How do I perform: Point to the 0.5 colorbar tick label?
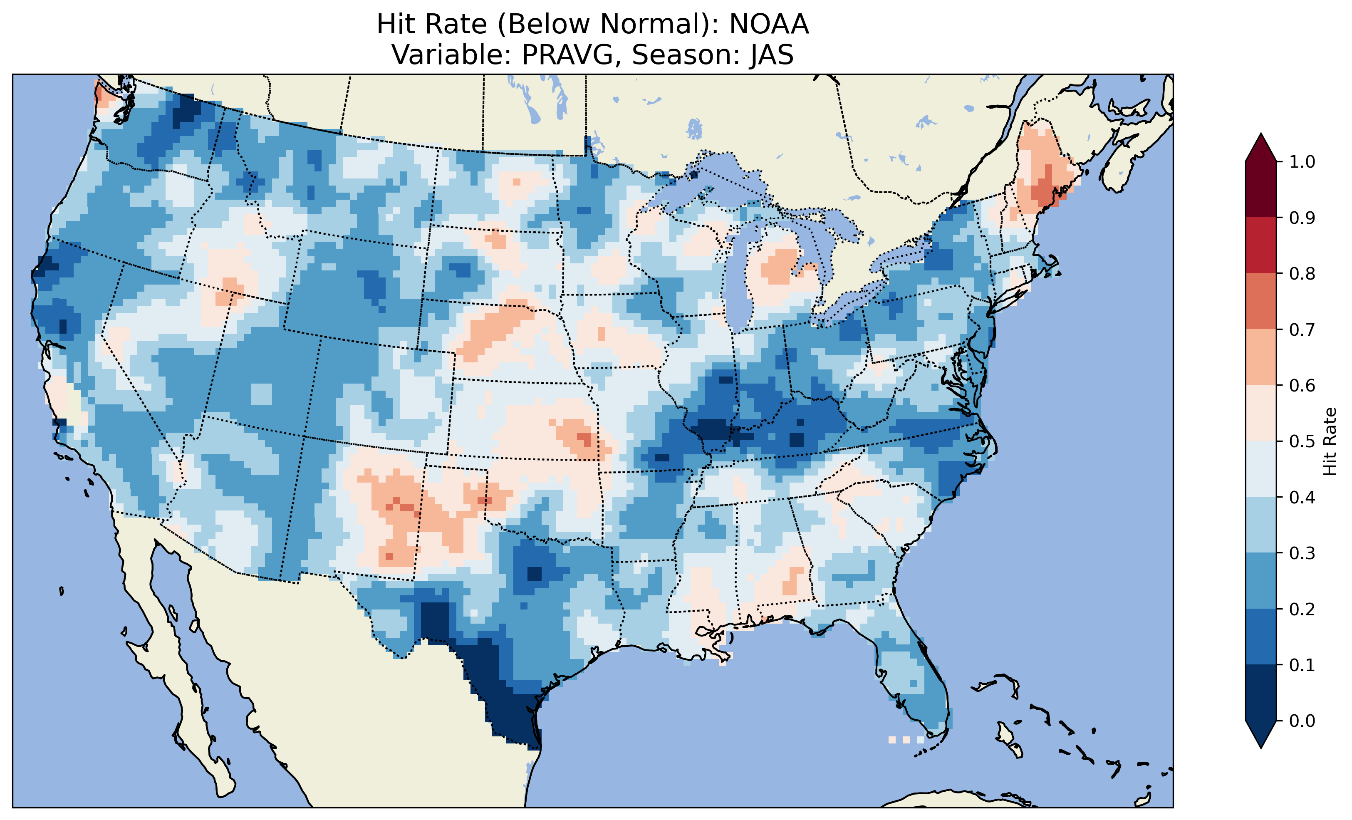[x=1302, y=441]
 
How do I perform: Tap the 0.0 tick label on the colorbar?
[x=1302, y=721]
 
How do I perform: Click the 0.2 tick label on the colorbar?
[x=1302, y=609]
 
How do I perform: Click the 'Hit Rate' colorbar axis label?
[x=1330, y=442]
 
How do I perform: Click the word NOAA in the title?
[x=769, y=25]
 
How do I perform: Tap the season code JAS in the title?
[x=772, y=55]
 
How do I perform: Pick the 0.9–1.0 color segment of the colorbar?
[x=1261, y=189]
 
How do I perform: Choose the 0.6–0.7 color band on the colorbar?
[x=1261, y=357]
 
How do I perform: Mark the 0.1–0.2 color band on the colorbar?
[x=1261, y=637]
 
